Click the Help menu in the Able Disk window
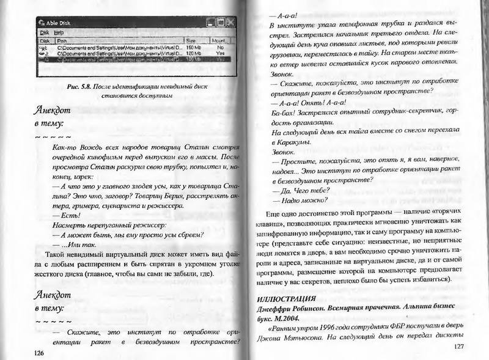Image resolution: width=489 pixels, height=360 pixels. [59, 32]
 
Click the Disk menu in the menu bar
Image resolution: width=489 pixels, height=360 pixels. [45, 32]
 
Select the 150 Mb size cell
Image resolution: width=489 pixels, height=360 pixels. [194, 47]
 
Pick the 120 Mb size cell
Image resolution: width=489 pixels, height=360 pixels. [194, 54]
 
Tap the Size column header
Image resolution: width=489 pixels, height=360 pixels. [192, 40]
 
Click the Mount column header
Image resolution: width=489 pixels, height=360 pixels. [218, 40]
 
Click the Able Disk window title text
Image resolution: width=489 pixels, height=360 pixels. [65, 23]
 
